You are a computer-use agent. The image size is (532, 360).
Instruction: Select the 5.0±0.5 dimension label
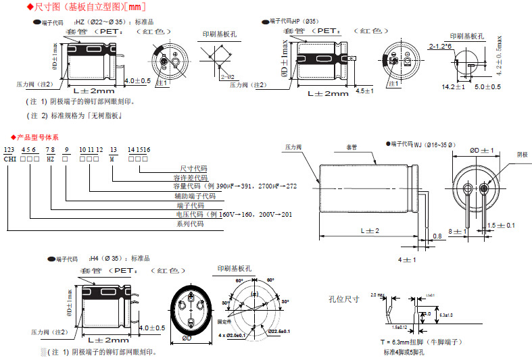[487, 87]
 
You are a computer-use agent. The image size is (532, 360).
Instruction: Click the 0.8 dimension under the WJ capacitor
[437, 236]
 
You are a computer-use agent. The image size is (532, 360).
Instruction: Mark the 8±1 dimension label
[460, 232]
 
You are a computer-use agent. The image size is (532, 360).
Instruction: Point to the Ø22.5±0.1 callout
[279, 331]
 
